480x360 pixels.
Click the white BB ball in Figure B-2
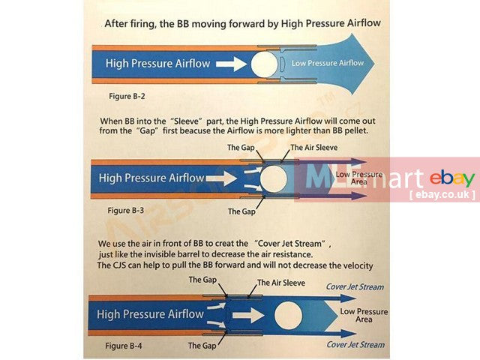click(x=265, y=64)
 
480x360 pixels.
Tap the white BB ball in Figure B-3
click(x=273, y=178)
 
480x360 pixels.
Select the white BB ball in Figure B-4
click(x=288, y=316)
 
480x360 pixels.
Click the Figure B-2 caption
click(x=127, y=96)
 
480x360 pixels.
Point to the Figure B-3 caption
click(x=125, y=211)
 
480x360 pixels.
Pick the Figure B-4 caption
click(x=124, y=346)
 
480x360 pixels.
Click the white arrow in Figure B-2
click(x=232, y=64)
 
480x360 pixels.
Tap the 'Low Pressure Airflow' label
click(x=328, y=63)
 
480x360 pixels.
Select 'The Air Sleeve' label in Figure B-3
click(x=314, y=148)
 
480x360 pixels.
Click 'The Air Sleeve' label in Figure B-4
click(x=281, y=283)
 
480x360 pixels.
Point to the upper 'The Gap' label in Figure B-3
click(x=241, y=148)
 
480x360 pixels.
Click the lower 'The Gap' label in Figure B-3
click(x=241, y=211)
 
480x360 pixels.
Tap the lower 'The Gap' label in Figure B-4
click(x=202, y=346)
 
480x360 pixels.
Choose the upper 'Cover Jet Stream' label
click(x=355, y=286)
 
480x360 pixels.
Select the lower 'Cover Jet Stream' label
click(x=355, y=345)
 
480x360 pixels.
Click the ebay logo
click(x=452, y=178)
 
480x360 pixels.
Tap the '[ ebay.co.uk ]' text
click(x=442, y=195)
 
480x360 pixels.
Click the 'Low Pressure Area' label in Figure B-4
click(x=364, y=315)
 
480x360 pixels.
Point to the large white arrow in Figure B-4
click(x=248, y=316)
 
